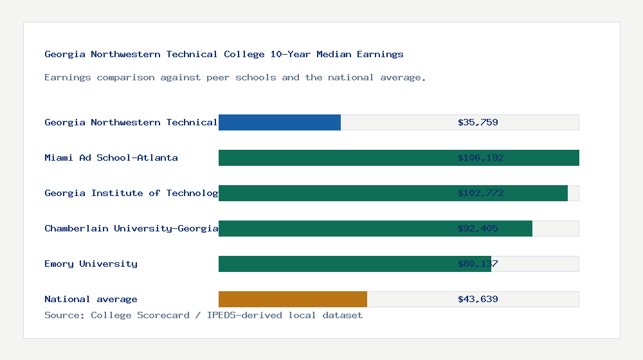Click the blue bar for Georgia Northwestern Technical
280,122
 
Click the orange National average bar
293,299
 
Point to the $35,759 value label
478,122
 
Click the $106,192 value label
480,157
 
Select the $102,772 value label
480,193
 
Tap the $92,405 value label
478,228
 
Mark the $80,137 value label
478,264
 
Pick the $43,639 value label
478,299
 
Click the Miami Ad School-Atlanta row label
111,157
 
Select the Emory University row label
91,264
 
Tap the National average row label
91,299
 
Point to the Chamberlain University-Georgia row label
131,228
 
